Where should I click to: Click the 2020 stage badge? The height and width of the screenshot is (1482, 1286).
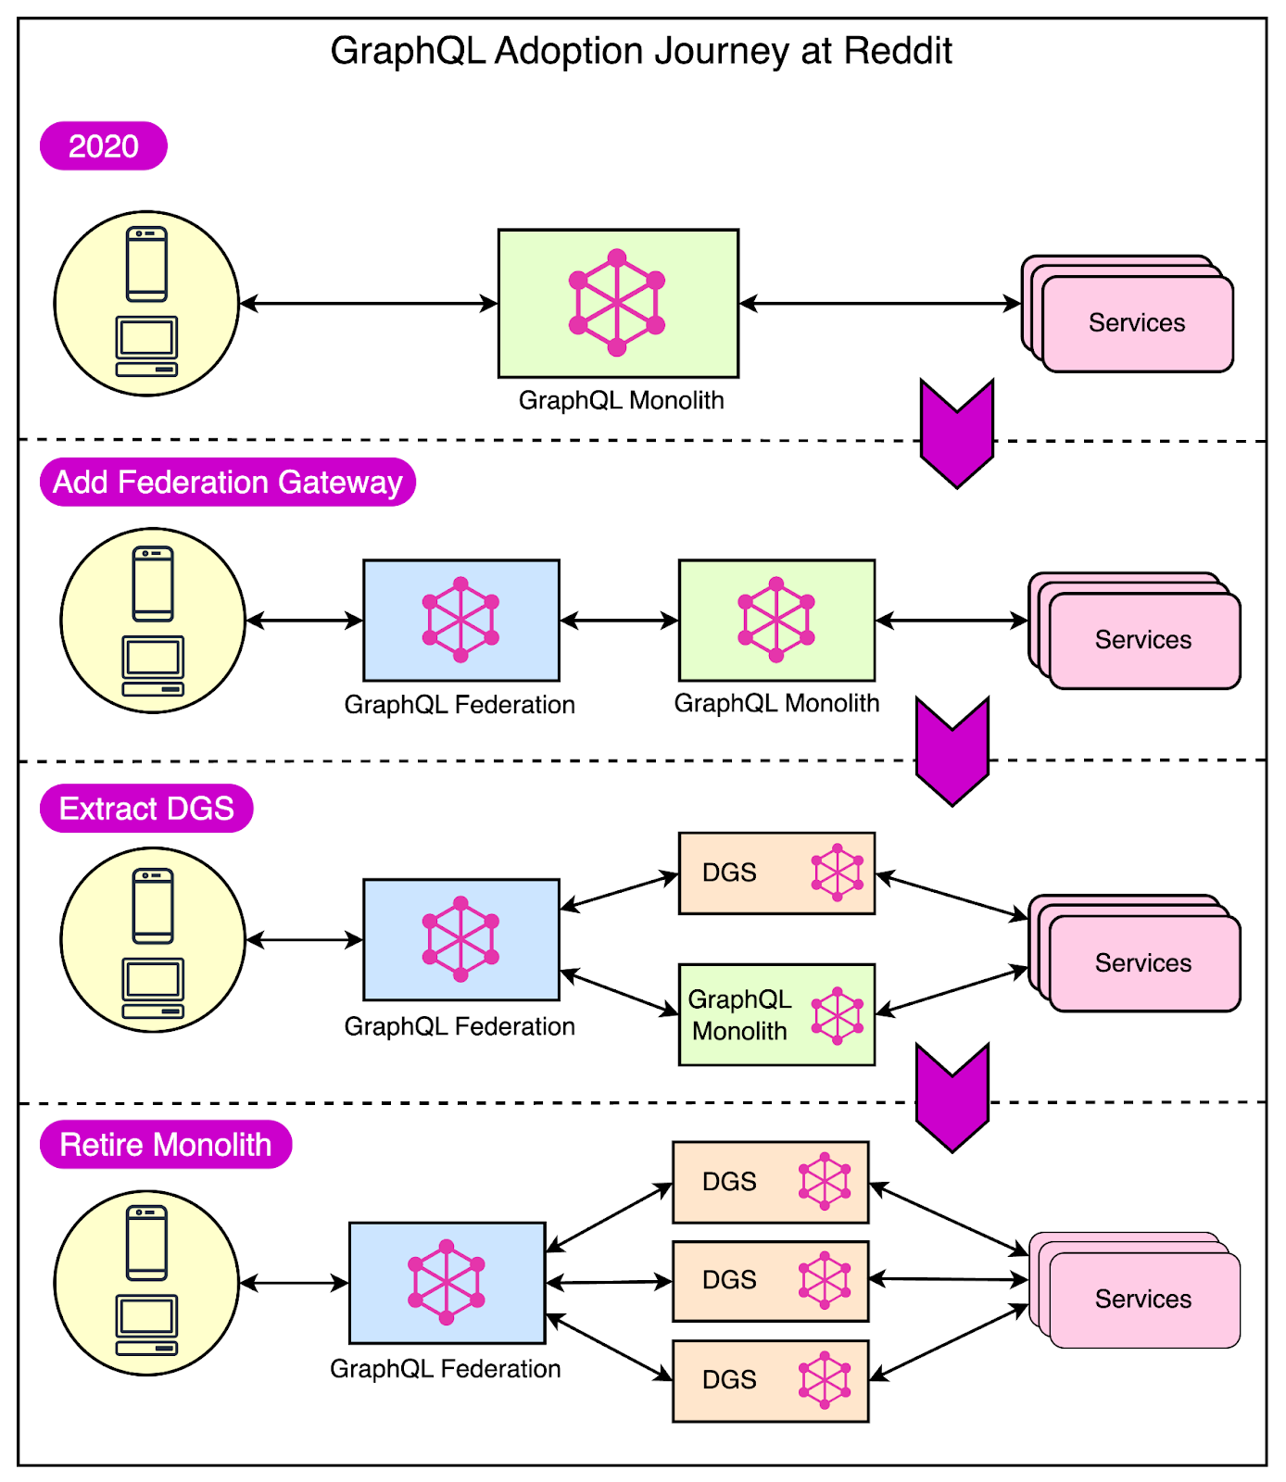click(x=103, y=146)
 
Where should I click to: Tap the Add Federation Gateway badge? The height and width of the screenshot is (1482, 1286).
click(x=227, y=483)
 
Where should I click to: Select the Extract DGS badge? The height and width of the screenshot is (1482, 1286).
click(x=146, y=809)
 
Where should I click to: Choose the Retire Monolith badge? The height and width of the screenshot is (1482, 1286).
click(x=166, y=1145)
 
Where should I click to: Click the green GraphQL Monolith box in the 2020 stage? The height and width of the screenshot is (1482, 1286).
click(x=618, y=303)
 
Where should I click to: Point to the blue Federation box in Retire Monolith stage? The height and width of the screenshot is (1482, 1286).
click(x=447, y=1283)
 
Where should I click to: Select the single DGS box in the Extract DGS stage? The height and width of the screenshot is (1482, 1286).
click(x=776, y=873)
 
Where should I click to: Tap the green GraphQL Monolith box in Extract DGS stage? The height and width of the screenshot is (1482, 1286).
click(x=776, y=1014)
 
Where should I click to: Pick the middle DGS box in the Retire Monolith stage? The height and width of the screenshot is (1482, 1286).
click(x=770, y=1280)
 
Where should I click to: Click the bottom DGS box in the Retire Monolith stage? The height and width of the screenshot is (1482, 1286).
click(x=770, y=1380)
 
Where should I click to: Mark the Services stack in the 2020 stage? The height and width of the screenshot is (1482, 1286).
click(x=1136, y=323)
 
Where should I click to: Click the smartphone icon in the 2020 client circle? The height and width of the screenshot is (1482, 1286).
click(x=146, y=264)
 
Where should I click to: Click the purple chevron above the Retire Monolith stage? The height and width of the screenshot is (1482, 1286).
click(x=952, y=1097)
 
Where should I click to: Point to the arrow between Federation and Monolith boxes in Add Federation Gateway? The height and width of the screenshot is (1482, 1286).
click(x=619, y=621)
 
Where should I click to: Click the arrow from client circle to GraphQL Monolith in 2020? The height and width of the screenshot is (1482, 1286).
click(x=369, y=303)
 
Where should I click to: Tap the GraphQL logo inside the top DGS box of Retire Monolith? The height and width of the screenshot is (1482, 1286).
click(x=824, y=1181)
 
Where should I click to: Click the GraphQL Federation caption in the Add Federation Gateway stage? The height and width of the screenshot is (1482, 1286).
click(x=460, y=705)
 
